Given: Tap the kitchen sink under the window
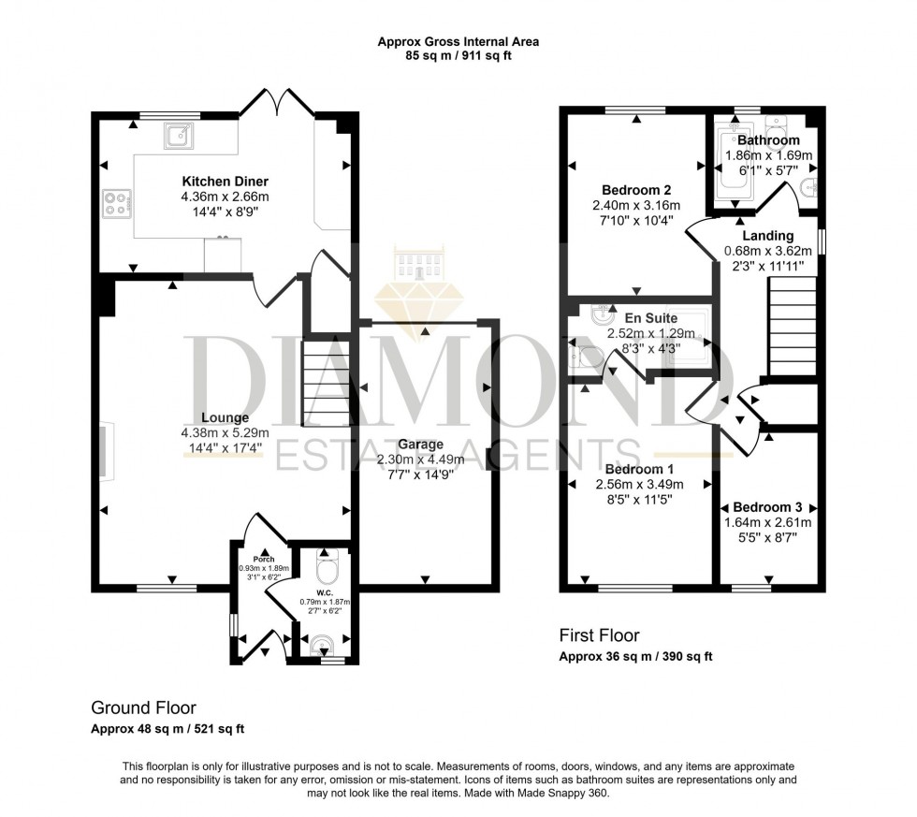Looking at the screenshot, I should coord(177,137).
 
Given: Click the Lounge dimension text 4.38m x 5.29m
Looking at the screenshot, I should coord(225,432).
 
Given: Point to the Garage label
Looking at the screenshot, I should coord(420,445).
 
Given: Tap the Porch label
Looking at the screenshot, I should coord(265,559).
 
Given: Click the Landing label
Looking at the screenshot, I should coord(767,236).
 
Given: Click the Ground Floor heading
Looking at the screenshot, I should coord(143,708).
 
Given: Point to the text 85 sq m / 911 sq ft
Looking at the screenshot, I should coord(458,56).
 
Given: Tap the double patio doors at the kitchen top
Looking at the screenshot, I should coord(276,103).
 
